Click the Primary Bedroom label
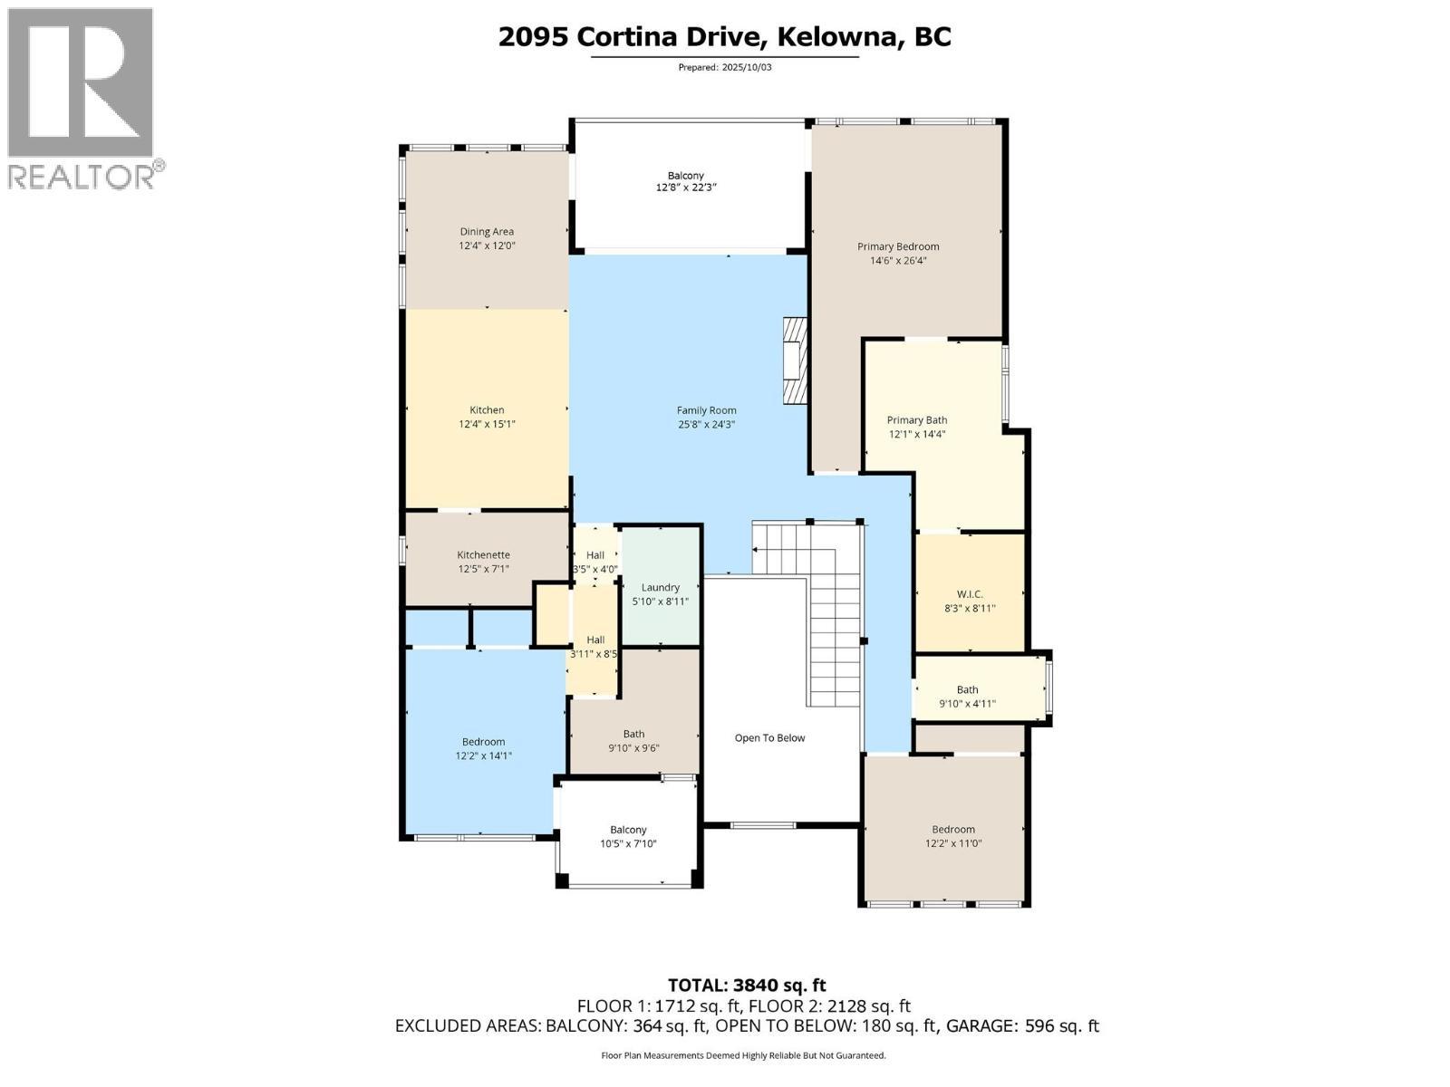pyautogui.click(x=898, y=246)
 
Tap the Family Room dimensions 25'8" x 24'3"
pyautogui.click(x=706, y=424)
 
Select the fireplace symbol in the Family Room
pyautogui.click(x=795, y=360)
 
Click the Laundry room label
pyautogui.click(x=660, y=587)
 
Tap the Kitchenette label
pyautogui.click(x=483, y=554)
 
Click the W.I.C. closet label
pyautogui.click(x=970, y=594)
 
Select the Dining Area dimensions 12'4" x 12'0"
pyautogui.click(x=487, y=245)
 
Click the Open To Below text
pyautogui.click(x=769, y=737)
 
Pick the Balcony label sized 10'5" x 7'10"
pyautogui.click(x=628, y=830)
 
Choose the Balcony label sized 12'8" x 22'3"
pyautogui.click(x=685, y=176)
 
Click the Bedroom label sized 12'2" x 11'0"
pyautogui.click(x=953, y=829)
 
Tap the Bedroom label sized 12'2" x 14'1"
pyautogui.click(x=483, y=741)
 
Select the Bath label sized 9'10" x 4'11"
pyautogui.click(x=967, y=689)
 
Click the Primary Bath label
pyautogui.click(x=917, y=419)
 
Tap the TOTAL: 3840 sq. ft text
pyautogui.click(x=747, y=985)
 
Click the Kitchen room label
pyautogui.click(x=487, y=409)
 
